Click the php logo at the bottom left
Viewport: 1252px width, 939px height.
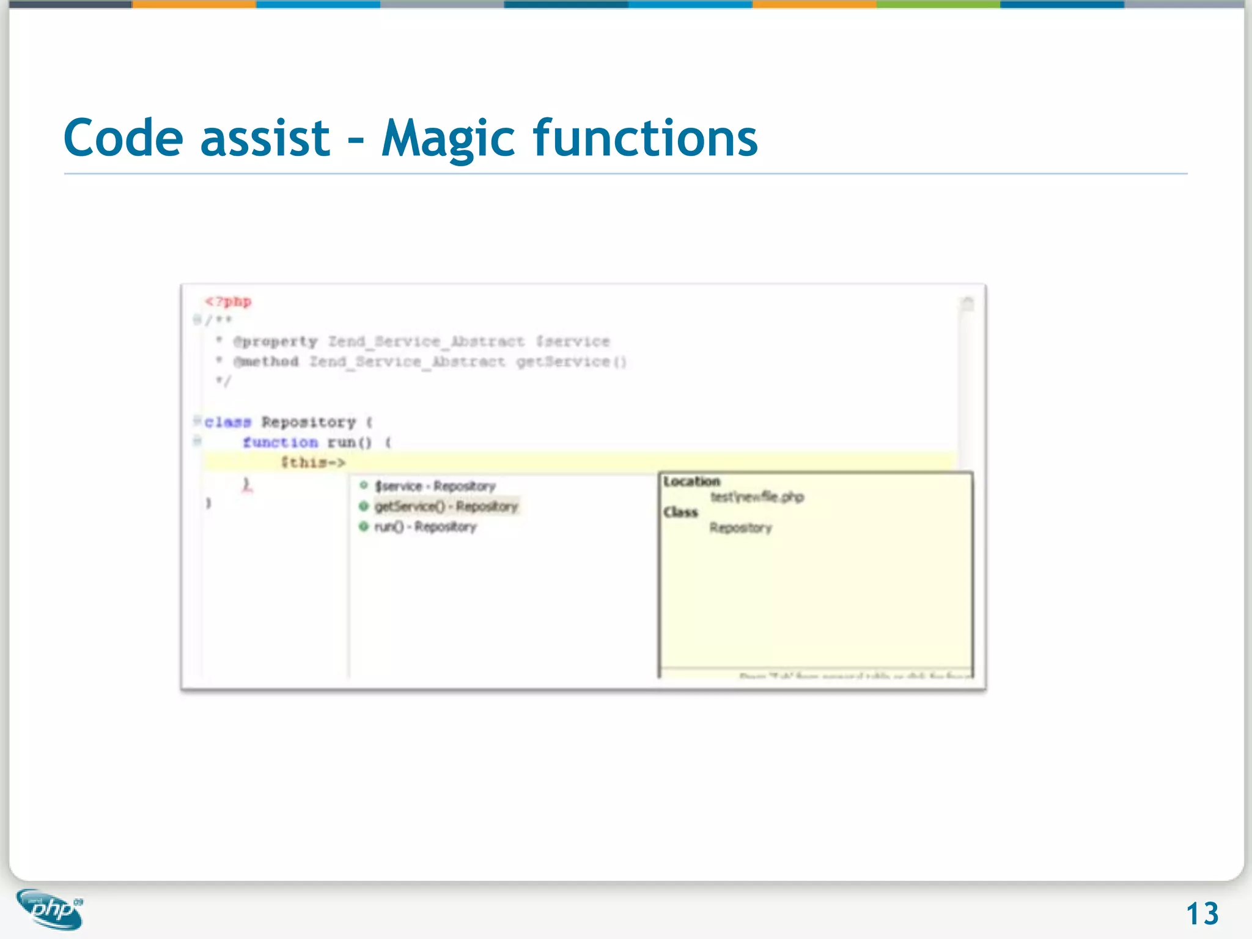[x=50, y=909]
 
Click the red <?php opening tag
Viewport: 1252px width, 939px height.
[x=228, y=302]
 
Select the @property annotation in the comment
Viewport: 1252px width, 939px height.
[x=275, y=342]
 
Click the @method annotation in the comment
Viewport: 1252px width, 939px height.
[x=266, y=362]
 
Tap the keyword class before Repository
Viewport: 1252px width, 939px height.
[x=227, y=422]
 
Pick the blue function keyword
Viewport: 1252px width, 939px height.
[x=280, y=443]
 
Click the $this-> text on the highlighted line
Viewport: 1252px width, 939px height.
[x=313, y=463]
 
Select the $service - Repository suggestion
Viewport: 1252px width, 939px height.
[x=435, y=487]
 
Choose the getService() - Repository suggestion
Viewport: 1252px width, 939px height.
[x=446, y=507]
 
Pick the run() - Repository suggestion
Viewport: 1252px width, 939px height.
[x=425, y=527]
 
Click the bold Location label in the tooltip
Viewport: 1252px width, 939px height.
[x=691, y=482]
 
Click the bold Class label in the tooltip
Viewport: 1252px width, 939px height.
[x=680, y=512]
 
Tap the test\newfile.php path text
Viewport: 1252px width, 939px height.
[x=757, y=497]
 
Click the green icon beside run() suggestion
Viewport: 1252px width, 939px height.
[x=363, y=526]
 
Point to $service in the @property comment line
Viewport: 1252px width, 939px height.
[x=573, y=342]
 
